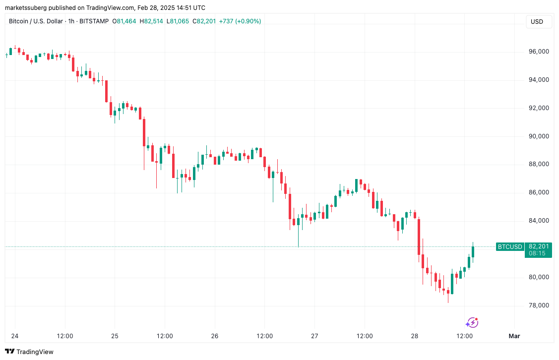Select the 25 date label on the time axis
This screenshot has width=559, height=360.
(x=115, y=336)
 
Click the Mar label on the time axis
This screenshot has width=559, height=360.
(x=514, y=336)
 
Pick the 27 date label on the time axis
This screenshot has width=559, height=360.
(x=314, y=336)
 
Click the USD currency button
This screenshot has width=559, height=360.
(x=537, y=21)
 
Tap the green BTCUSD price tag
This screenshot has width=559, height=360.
(x=510, y=246)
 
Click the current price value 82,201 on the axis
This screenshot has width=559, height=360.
(x=539, y=246)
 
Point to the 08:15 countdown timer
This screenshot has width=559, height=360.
(x=537, y=253)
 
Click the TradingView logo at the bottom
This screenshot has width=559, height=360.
(x=30, y=352)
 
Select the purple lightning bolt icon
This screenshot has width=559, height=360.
(x=472, y=323)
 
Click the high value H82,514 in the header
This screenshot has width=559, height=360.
(x=151, y=21)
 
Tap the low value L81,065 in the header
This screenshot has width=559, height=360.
(x=178, y=21)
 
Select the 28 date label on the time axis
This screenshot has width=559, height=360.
(x=415, y=336)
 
